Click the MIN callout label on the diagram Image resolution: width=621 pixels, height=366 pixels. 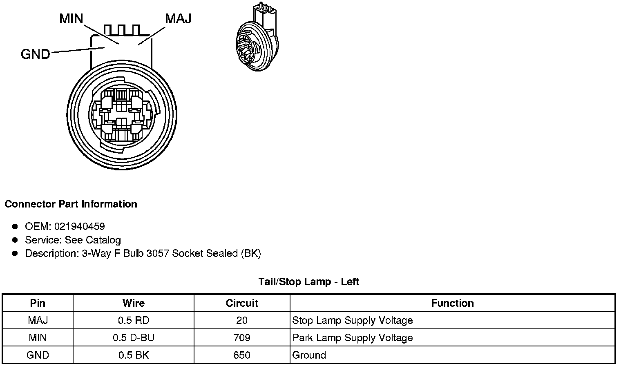(x=71, y=19)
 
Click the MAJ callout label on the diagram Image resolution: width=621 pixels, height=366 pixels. (x=178, y=19)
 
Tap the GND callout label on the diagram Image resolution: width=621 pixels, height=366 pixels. (x=36, y=54)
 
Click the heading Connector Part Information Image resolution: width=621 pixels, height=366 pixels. (x=71, y=204)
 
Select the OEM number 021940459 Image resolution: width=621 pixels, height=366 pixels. (x=80, y=227)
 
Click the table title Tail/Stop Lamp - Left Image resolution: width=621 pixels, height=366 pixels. (x=309, y=282)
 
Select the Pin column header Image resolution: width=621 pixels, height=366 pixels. (x=38, y=303)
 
